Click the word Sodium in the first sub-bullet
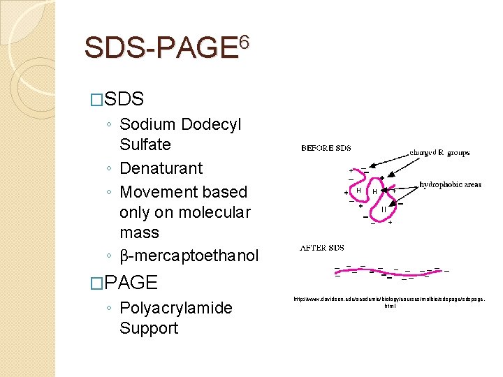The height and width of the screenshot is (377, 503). tap(147, 125)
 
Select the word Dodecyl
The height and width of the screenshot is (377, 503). tap(211, 125)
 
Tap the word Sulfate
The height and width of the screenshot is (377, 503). tap(145, 145)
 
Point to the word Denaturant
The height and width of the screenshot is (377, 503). tap(161, 169)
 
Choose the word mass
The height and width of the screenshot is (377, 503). tap(140, 232)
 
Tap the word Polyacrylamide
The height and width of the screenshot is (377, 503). tap(176, 308)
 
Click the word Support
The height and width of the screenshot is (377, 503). tap(149, 328)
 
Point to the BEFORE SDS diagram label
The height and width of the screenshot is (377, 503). tap(326, 148)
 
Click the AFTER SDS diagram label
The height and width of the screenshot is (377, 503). tap(321, 248)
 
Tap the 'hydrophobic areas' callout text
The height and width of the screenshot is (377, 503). tap(450, 184)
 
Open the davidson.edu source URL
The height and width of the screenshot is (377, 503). tap(388, 301)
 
